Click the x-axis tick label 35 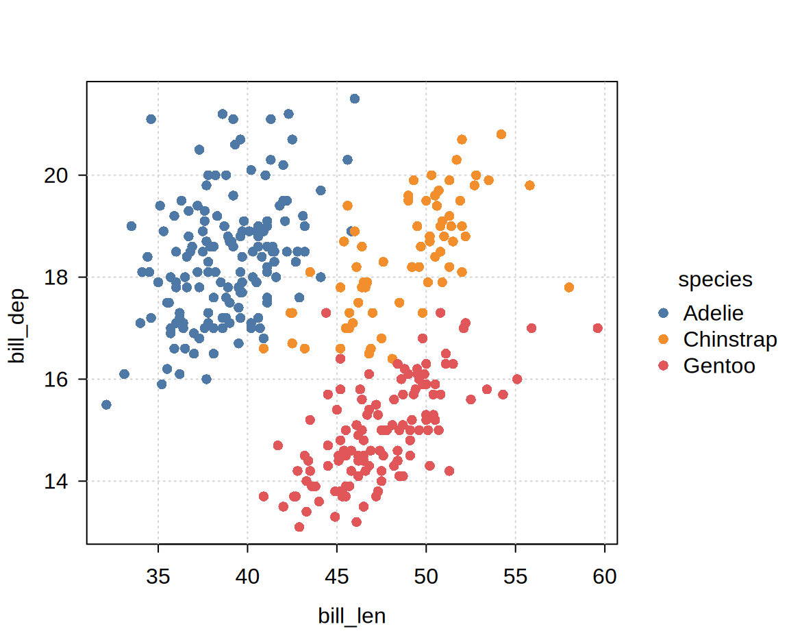(158, 578)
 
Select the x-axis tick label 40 (247, 578)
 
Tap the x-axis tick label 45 (337, 578)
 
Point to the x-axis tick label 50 (426, 578)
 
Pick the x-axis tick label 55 (515, 578)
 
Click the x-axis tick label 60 (605, 578)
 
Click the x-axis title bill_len (352, 616)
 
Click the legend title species (715, 280)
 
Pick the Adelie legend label (713, 313)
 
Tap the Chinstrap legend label (730, 339)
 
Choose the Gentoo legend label (719, 366)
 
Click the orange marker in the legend (663, 339)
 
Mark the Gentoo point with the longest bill (598, 328)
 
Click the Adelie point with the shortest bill (106, 405)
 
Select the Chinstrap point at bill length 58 (569, 287)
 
